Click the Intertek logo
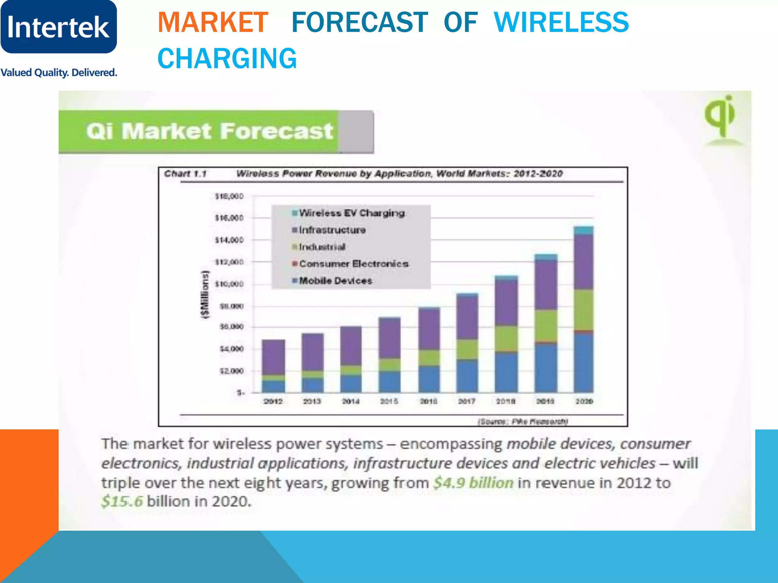[59, 27]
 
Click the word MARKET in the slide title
[213, 23]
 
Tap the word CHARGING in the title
[227, 59]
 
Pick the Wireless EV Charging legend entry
[351, 213]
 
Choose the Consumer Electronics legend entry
[353, 264]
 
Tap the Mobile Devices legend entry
[335, 281]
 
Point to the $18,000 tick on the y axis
[229, 196]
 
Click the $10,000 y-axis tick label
[229, 284]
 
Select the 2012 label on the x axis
[273, 401]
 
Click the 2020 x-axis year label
[584, 401]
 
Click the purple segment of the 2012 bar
[273, 357]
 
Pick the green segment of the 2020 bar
[583, 309]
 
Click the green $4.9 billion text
[473, 483]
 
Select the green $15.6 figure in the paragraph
[122, 501]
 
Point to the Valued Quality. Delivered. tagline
[59, 72]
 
